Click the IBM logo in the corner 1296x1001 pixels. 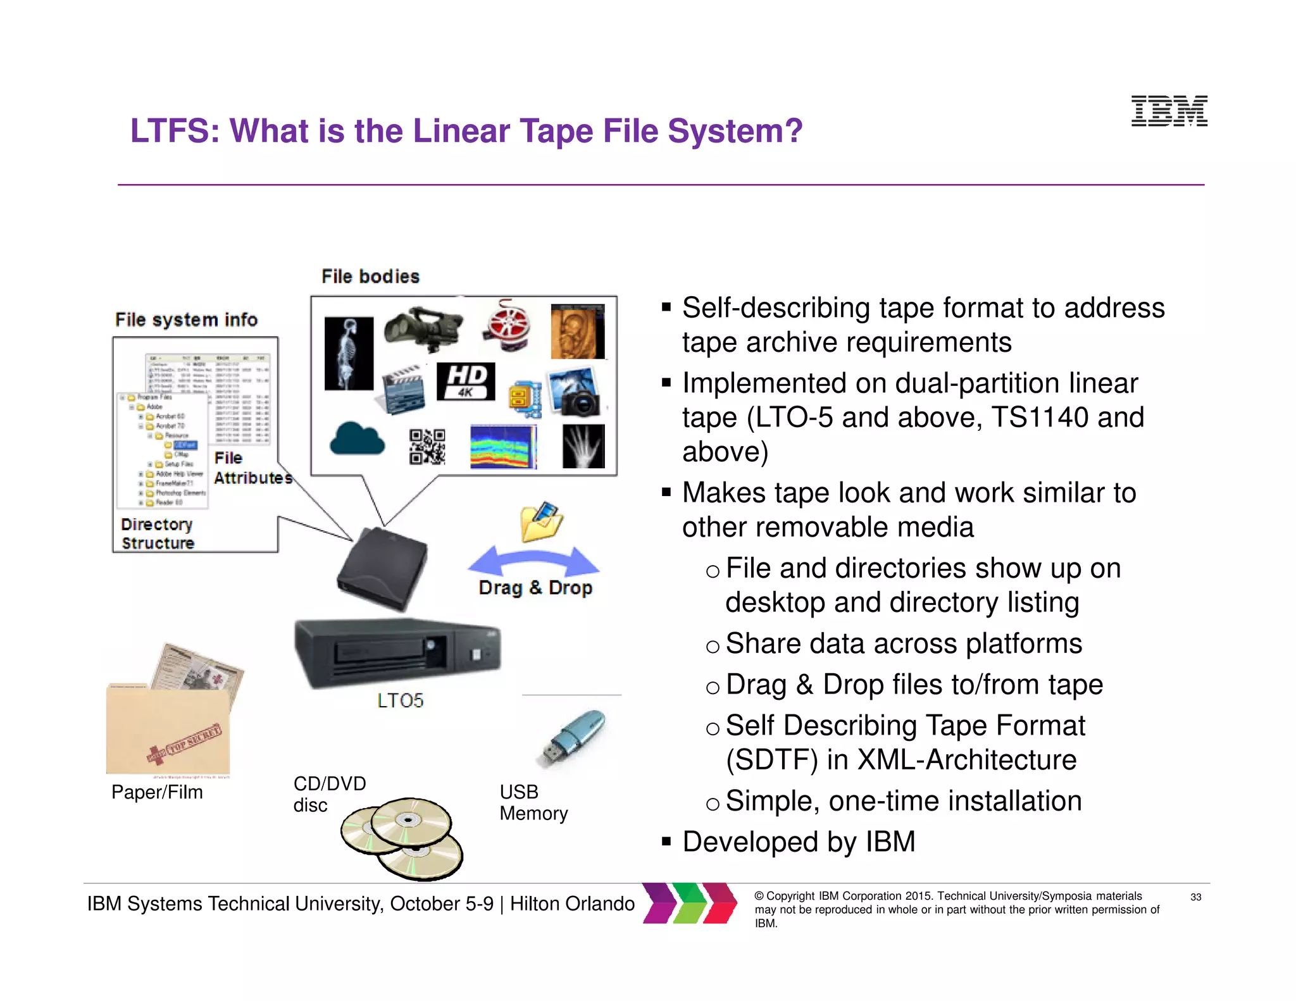tap(1169, 111)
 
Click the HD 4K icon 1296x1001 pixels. tap(466, 382)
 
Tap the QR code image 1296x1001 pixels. tap(427, 447)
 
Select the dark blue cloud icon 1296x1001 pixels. tap(357, 439)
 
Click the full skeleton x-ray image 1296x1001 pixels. tap(348, 354)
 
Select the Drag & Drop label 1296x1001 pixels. tap(535, 588)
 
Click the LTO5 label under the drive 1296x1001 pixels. tap(400, 700)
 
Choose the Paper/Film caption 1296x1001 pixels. tap(157, 792)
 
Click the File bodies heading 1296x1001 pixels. tap(370, 277)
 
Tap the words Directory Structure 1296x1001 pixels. tap(158, 534)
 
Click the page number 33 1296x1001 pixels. tap(1195, 897)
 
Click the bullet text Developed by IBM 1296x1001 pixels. tap(799, 842)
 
